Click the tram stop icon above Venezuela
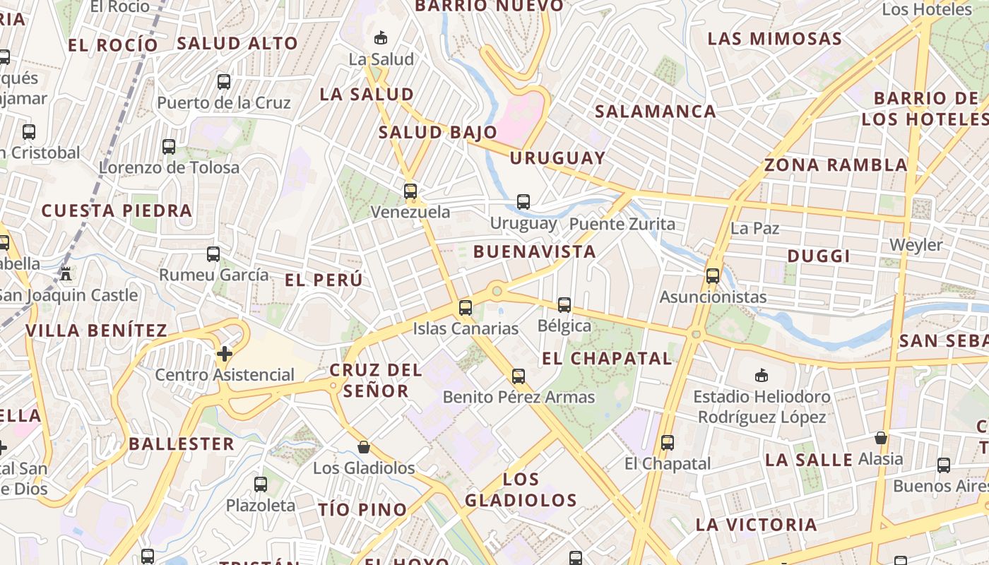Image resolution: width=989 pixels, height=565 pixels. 410,191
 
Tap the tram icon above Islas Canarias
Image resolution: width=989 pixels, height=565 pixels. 465,308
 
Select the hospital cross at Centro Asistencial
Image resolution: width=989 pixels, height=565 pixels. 225,353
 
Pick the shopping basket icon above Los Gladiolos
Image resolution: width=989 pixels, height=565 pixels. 364,446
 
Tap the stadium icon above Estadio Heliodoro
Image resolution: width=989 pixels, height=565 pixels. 761,375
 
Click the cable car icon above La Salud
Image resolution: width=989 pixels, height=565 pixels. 381,37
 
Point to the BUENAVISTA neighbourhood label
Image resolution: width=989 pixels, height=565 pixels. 535,251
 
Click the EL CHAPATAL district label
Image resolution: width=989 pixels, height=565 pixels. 607,358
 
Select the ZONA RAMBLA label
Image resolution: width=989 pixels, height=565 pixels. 836,165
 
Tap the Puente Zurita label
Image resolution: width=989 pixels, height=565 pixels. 622,225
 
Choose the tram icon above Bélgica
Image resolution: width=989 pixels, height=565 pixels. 564,305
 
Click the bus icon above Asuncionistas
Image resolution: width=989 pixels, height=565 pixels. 713,275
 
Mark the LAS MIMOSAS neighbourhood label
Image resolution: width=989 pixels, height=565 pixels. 775,38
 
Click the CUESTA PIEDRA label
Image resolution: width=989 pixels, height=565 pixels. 117,210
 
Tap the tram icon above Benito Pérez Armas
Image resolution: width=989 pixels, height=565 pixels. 519,376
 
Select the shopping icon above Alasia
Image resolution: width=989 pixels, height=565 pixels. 880,438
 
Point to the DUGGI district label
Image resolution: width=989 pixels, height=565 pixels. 819,256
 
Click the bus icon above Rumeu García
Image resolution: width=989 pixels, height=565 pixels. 213,254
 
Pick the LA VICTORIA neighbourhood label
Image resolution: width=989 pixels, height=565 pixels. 756,525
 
